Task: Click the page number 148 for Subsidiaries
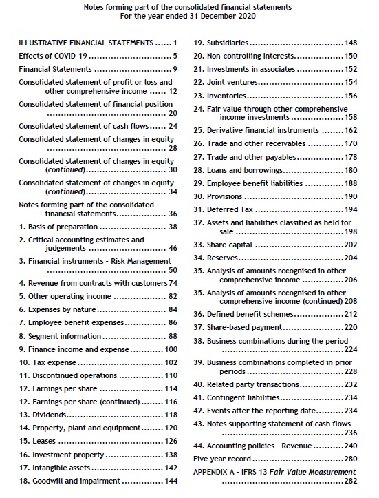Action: tap(351, 43)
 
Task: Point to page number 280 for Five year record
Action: tap(351, 458)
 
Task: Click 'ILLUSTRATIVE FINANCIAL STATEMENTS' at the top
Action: tap(85, 43)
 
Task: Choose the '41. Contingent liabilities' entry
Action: tap(236, 397)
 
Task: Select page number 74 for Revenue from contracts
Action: tap(173, 283)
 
